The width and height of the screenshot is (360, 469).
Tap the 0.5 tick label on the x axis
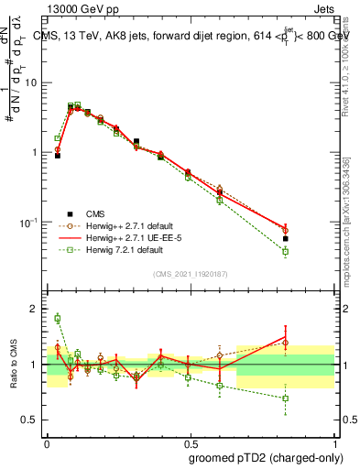click(x=190, y=442)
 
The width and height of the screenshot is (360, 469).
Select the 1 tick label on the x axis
click(x=333, y=442)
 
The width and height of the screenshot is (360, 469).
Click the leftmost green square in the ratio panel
click(x=58, y=319)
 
